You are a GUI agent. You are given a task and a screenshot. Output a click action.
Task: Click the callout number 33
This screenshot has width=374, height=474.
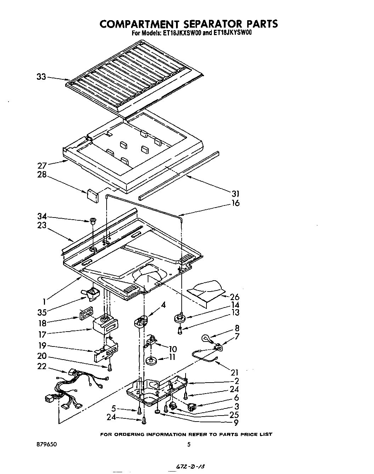[x=41, y=77]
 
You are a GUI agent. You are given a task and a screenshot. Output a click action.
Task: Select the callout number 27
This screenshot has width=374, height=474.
[x=42, y=166]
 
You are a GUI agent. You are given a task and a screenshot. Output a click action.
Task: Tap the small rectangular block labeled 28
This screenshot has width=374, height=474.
[x=93, y=195]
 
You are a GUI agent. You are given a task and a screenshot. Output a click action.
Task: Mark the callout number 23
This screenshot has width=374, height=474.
[x=42, y=225]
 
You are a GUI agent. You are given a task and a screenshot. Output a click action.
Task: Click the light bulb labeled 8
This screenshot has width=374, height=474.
[x=206, y=338]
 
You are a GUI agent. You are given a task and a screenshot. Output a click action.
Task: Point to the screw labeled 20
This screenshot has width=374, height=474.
[x=109, y=368]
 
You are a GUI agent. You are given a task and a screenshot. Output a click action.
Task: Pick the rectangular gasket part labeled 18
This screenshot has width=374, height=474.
[x=86, y=314]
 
